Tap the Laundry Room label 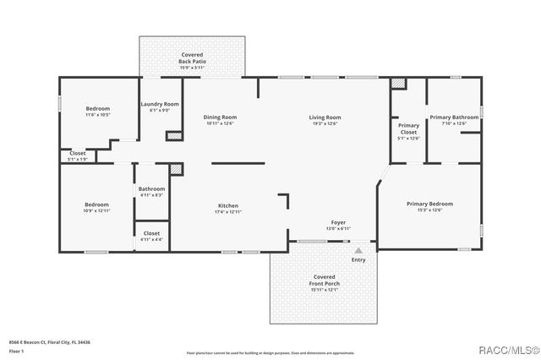[x=159, y=104]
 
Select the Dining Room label [x=220, y=117]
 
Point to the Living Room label [x=325, y=117]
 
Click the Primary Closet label [x=408, y=128]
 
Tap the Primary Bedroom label [x=429, y=204]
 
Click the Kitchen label [x=228, y=205]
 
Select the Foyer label [x=337, y=223]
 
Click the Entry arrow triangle [x=358, y=250]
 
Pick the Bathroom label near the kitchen [x=151, y=189]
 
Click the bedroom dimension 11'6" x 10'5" [x=98, y=114]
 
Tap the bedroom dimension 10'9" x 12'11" [x=96, y=210]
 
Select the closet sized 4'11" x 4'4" [x=151, y=239]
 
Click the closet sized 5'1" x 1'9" [x=77, y=159]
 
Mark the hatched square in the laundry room [x=174, y=134]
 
